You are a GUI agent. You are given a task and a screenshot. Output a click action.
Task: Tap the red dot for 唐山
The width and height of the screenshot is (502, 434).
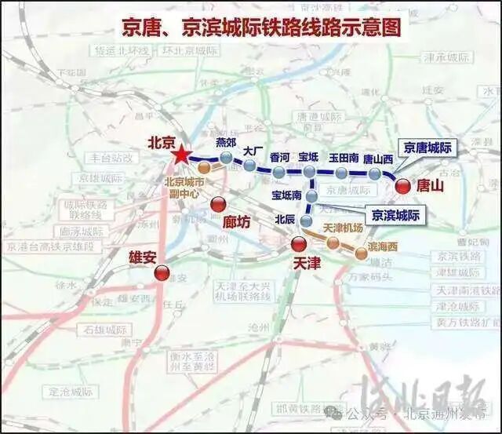click(x=403, y=187)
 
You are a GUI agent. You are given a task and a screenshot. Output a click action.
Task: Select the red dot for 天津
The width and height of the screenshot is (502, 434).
click(x=299, y=244)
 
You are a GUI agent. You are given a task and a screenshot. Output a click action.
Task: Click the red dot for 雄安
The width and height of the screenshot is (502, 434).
click(x=162, y=273)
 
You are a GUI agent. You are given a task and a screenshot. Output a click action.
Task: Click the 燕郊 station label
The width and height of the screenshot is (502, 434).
click(x=226, y=142)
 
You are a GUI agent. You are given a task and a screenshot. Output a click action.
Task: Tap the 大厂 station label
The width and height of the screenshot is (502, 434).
click(x=252, y=151)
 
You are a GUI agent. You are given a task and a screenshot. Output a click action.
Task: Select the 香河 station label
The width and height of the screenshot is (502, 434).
click(x=279, y=157)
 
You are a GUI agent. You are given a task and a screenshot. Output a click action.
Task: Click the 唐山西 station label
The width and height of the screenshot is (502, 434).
click(x=378, y=159)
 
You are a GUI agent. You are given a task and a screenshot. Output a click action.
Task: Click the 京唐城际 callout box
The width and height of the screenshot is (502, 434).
click(x=427, y=147)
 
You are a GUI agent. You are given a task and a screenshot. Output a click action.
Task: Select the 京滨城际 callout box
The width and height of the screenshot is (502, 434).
click(x=395, y=215)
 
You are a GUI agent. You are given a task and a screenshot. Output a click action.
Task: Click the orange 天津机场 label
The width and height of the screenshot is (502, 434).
click(x=344, y=228)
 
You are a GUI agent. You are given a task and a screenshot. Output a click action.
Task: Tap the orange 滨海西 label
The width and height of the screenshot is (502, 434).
click(x=383, y=246)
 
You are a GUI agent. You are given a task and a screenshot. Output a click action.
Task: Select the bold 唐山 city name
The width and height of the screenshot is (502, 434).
click(x=431, y=187)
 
